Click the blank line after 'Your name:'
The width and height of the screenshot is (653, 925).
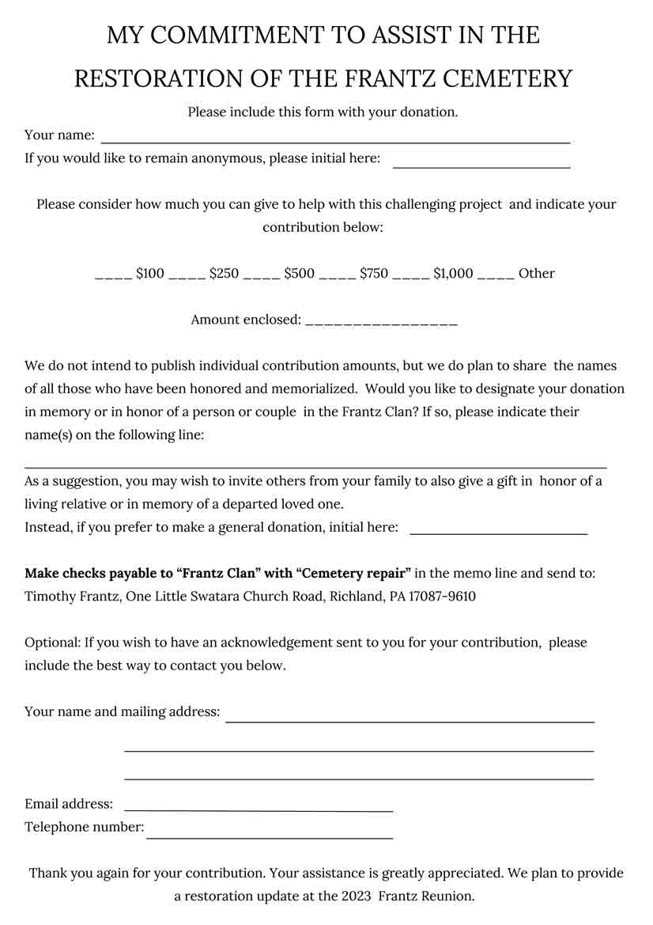[334, 141]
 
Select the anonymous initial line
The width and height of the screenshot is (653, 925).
[481, 165]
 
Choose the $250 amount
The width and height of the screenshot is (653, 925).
[224, 274]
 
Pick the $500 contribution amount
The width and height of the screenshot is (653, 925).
[299, 274]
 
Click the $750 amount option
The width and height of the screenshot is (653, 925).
[374, 274]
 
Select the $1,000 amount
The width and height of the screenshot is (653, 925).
[453, 274]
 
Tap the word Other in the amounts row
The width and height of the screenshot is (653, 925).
[536, 274]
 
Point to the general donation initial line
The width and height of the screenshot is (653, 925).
[498, 533]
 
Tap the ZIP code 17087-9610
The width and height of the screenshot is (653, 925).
[442, 596]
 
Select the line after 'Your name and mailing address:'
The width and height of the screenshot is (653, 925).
[410, 719]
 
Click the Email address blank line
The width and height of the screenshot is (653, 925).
[259, 809]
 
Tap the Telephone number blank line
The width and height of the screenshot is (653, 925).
[269, 836]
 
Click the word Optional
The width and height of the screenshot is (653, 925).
[51, 643]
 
